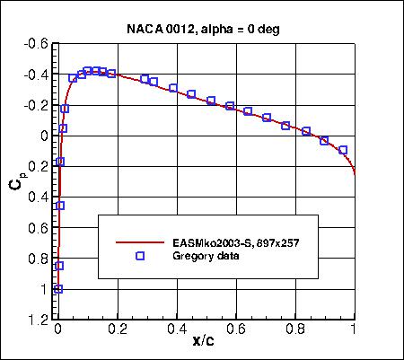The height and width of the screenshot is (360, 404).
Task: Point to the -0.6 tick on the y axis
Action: [x=37, y=44]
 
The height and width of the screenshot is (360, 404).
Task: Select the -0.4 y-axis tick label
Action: [x=37, y=75]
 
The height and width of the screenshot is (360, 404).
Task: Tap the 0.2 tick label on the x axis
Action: [x=117, y=330]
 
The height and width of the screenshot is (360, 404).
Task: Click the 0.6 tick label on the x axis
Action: [x=235, y=330]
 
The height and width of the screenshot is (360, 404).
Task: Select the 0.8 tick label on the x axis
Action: [x=294, y=330]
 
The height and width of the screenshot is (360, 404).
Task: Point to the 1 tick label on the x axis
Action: [x=354, y=330]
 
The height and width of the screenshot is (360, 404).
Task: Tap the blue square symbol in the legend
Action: [x=139, y=256]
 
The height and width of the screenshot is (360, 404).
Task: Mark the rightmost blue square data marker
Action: [x=343, y=150]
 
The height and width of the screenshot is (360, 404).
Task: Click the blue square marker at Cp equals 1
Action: [x=58, y=289]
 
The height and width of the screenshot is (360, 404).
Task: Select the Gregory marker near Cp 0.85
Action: [x=59, y=266]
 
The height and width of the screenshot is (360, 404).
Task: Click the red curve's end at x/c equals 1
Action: [x=354, y=173]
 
